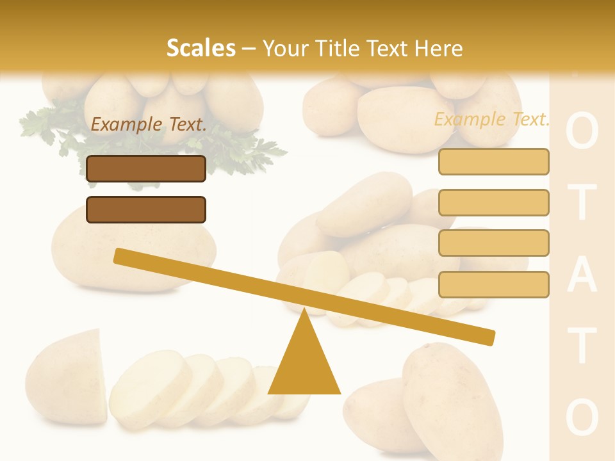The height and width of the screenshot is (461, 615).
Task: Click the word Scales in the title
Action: [201, 48]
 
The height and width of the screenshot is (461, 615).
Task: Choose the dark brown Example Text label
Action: [149, 124]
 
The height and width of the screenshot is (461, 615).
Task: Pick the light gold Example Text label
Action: [491, 119]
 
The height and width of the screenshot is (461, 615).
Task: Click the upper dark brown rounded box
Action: [146, 168]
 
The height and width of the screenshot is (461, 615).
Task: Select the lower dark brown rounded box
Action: [146, 209]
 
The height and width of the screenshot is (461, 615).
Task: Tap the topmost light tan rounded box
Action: [493, 161]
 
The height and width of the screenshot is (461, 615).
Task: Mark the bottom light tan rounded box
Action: [493, 284]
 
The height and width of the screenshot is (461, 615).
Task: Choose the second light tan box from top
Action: [493, 202]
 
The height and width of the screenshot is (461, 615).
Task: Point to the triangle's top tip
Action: [305, 311]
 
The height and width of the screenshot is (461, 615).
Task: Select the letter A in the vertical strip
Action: [582, 276]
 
